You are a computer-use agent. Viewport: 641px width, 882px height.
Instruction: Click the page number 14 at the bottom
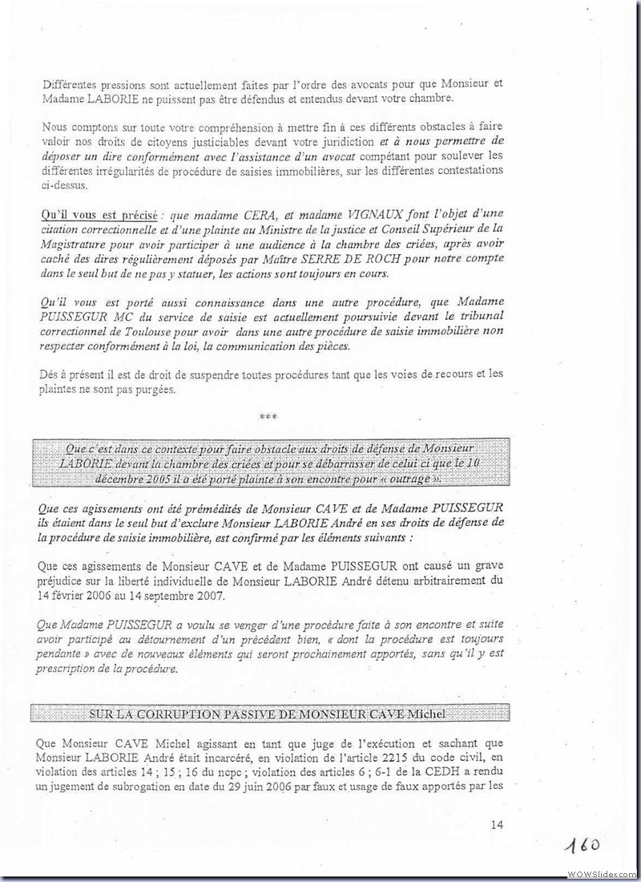(x=496, y=824)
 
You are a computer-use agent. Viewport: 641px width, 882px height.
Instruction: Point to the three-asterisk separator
(x=268, y=416)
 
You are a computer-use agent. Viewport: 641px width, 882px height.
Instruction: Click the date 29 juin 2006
(x=293, y=787)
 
